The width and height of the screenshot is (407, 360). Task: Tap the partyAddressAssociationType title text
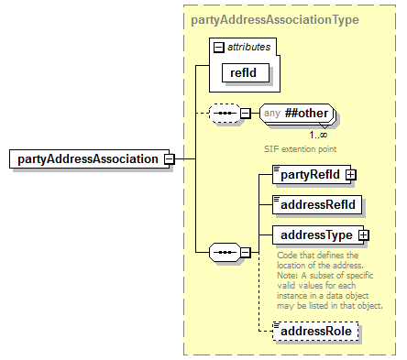coord(275,18)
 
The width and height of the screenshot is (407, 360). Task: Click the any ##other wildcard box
coord(297,113)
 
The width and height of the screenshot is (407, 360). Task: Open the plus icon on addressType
coord(364,235)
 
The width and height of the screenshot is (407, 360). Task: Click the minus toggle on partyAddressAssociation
coord(169,158)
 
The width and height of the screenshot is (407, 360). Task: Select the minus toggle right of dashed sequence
coord(245,114)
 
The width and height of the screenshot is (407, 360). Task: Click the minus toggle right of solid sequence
coord(245,250)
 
